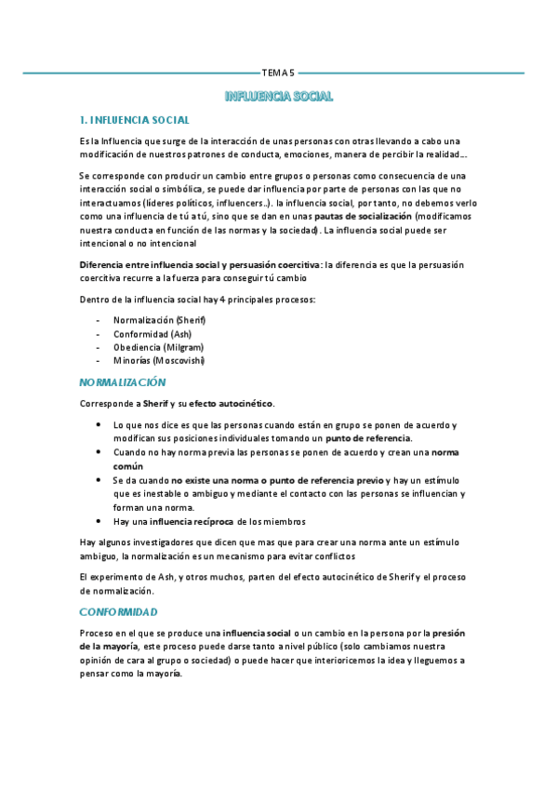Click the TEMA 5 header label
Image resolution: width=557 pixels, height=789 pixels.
278,72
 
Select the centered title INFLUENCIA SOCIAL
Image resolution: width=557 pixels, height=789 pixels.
279,97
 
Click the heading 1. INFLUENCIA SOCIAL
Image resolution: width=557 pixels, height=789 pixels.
135,120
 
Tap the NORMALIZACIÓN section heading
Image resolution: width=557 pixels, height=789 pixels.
122,382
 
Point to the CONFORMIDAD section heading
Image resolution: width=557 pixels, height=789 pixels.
118,611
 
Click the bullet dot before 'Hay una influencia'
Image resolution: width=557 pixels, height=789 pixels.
99,521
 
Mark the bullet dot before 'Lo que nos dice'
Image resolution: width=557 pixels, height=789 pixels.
99,424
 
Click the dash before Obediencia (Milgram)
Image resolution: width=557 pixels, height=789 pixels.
99,347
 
